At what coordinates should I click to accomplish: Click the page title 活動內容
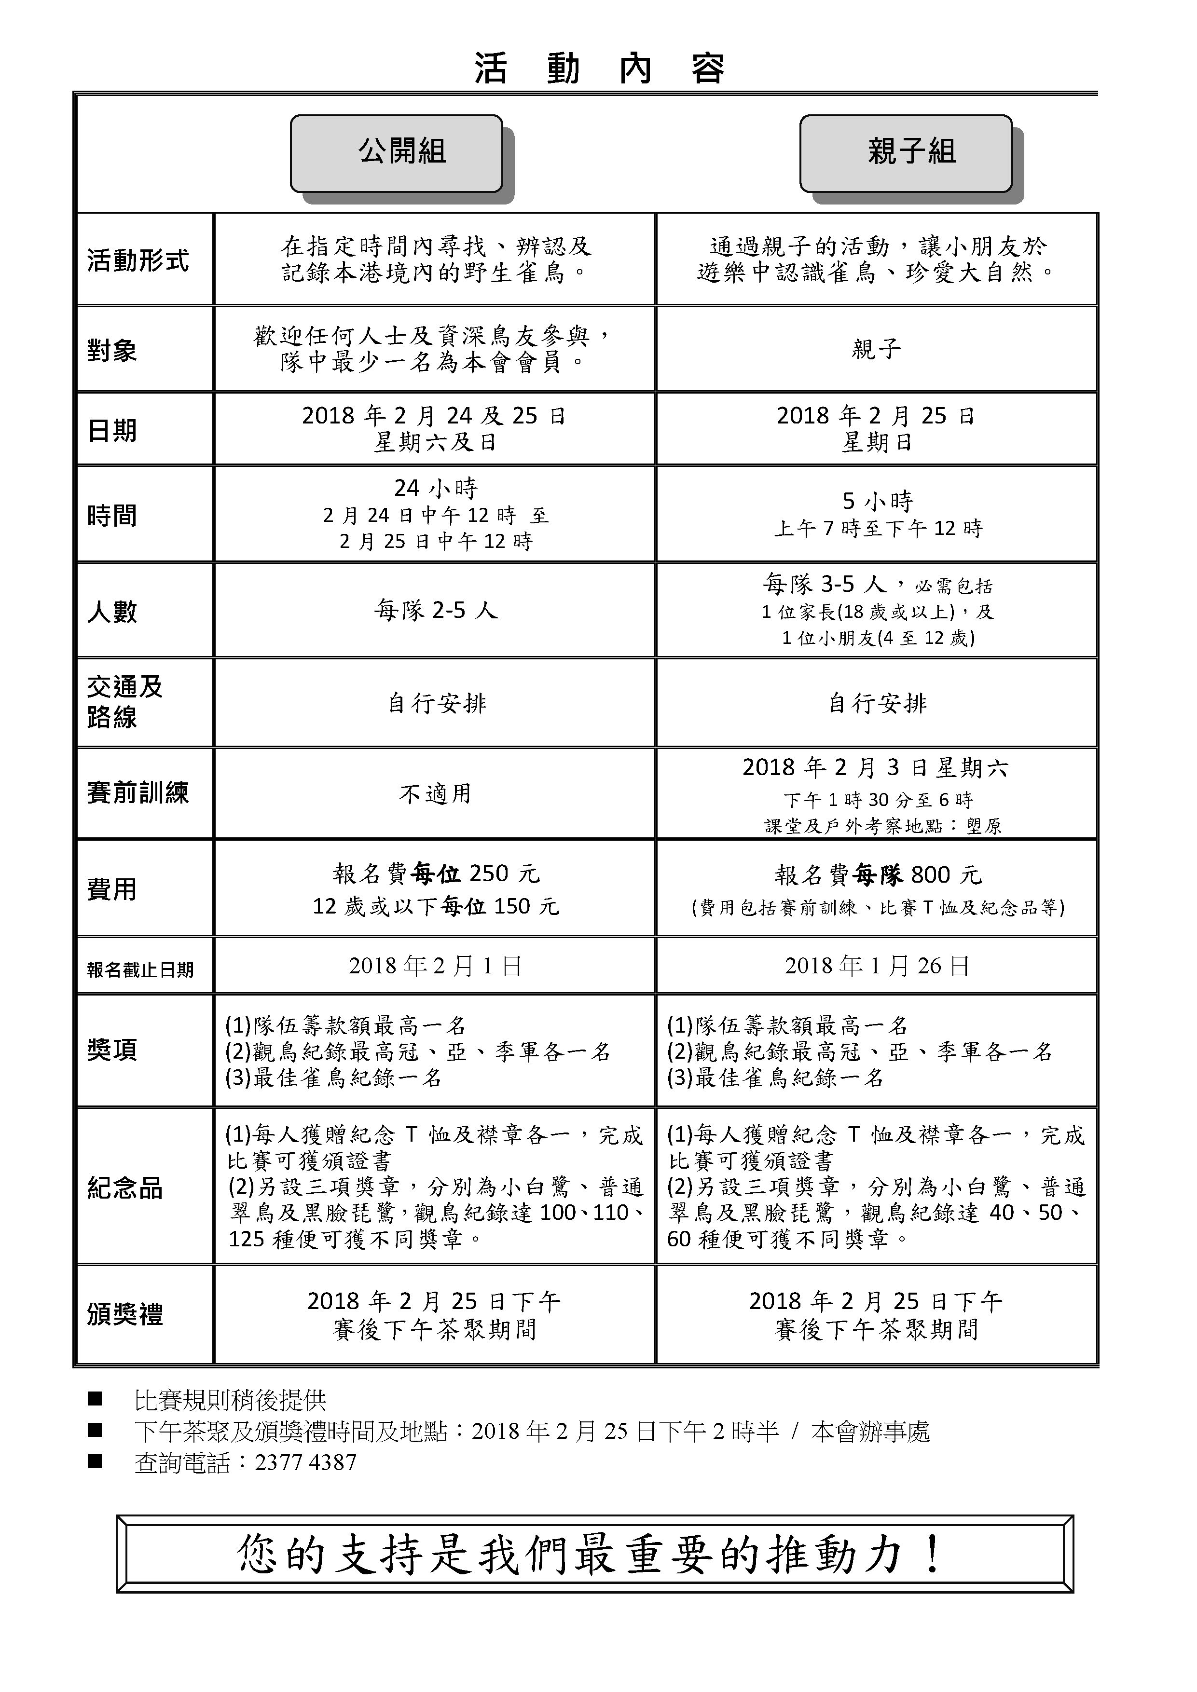598,69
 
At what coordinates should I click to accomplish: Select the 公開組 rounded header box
397,152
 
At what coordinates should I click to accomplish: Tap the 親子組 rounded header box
906,152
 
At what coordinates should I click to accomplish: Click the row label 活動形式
138,260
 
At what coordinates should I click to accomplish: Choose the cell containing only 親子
876,349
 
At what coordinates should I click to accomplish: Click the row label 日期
112,430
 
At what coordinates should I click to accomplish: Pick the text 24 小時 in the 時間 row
436,488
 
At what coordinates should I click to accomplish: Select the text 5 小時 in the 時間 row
877,501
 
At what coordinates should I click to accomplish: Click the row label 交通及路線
124,702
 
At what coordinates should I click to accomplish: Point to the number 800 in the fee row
930,875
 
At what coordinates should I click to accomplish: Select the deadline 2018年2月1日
435,966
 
